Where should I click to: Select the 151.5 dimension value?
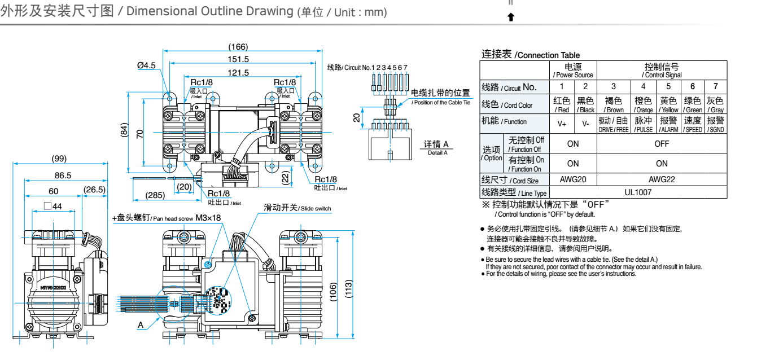coord(238,59)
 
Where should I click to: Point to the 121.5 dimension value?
coord(238,72)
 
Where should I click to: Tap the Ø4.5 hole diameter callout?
coord(146,66)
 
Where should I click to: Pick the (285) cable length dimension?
coord(155,195)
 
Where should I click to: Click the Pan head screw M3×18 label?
coord(167,218)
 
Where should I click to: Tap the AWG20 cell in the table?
coord(573,179)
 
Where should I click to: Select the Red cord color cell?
coord(562,105)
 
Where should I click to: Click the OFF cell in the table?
coord(662,143)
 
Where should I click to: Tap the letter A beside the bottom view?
coord(141,325)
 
